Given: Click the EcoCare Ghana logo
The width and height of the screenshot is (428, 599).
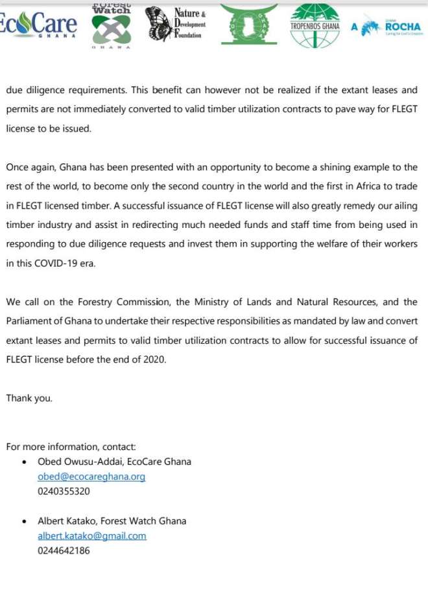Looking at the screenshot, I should (39, 25).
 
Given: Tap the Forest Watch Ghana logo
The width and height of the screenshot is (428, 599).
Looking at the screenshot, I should (111, 26).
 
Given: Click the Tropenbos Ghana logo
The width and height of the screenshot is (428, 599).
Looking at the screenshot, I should (315, 25).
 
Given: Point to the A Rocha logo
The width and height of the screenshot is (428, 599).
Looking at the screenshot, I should (388, 27).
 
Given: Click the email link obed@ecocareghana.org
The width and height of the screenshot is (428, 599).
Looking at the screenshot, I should (91, 477).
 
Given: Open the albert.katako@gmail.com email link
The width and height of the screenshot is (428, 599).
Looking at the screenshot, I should (92, 536).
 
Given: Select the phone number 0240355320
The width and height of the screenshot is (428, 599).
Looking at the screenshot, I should (64, 492).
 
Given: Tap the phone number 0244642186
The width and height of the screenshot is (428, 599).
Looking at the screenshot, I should (64, 550).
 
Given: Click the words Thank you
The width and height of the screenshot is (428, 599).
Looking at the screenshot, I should (29, 398).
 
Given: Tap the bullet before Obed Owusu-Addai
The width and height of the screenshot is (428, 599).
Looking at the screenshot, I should (24, 462).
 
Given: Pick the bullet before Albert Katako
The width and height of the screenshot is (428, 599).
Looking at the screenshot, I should (24, 521).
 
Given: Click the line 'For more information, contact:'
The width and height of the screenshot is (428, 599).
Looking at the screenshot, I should (71, 447).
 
